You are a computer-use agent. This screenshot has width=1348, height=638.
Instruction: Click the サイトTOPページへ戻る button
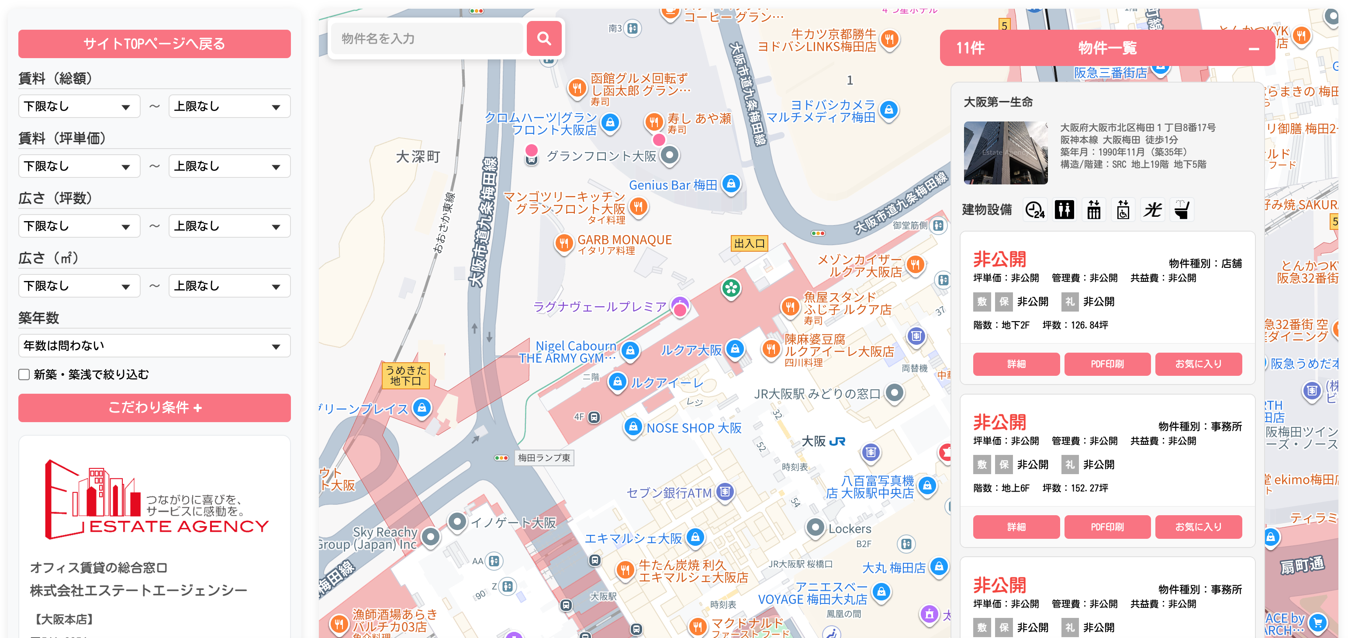154,44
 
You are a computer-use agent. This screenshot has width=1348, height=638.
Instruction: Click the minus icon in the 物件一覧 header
1253,49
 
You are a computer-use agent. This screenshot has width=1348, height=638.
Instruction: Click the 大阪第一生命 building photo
1005,153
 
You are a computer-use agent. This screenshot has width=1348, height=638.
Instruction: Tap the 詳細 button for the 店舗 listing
1016,364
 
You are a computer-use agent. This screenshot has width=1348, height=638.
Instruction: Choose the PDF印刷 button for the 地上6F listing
1107,527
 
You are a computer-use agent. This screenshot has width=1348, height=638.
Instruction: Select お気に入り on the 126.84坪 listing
1198,364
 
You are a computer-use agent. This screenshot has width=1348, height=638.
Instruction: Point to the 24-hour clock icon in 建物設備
1034,210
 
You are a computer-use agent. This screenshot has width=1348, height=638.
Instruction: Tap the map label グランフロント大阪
601,156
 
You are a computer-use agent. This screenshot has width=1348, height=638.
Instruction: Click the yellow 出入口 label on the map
749,243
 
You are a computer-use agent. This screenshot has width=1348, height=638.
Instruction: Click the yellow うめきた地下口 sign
405,375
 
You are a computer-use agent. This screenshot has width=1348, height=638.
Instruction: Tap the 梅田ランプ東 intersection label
544,458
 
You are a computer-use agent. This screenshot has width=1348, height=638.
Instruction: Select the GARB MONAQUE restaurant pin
563,243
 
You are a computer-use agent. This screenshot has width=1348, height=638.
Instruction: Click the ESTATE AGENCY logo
156,500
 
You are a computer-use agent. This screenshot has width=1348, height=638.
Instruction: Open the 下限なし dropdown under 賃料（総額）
79,107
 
